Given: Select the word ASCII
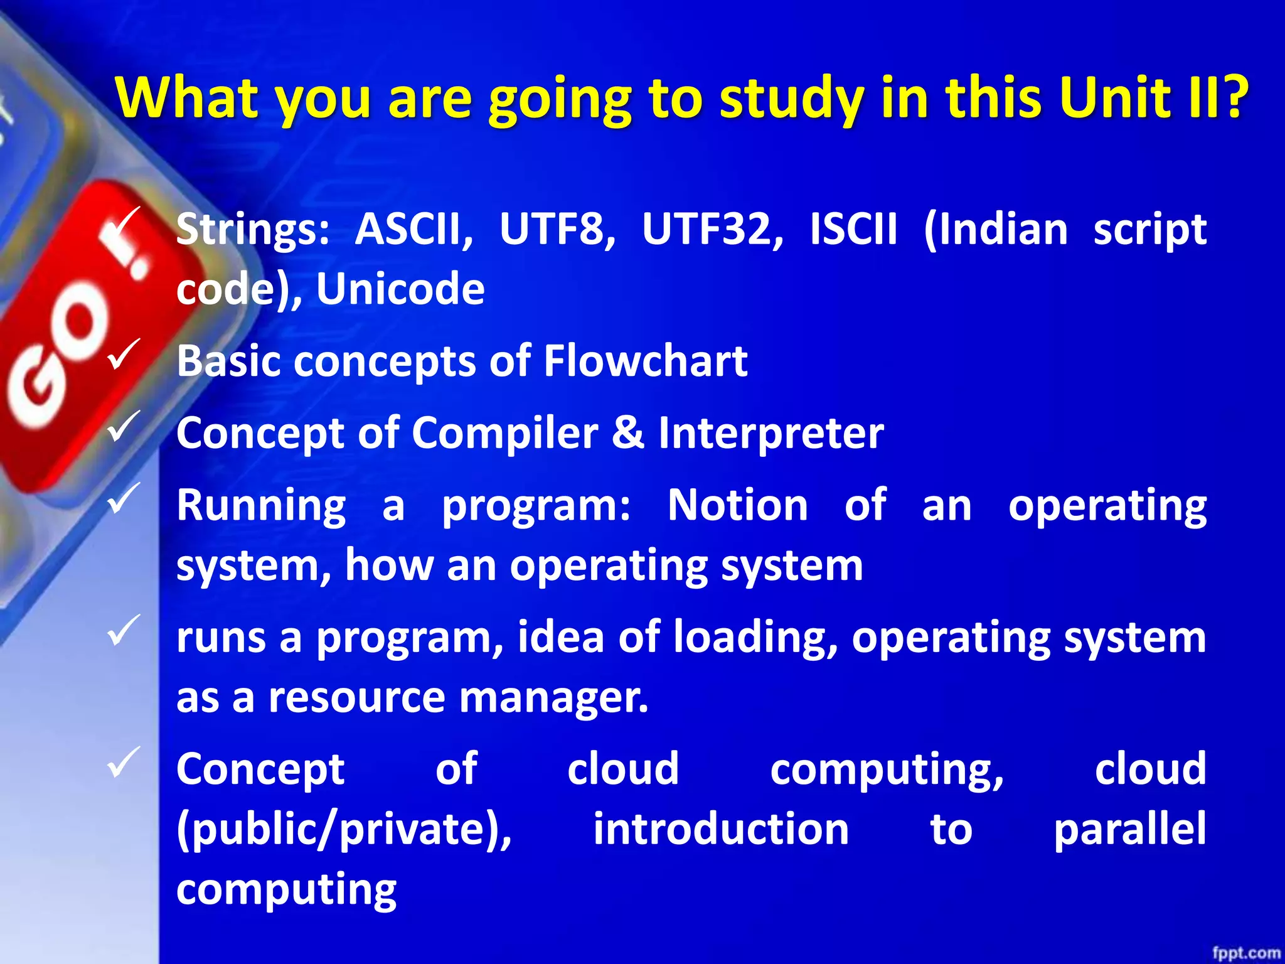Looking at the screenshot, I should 413,229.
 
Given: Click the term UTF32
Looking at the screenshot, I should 712,229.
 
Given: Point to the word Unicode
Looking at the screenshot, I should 400,289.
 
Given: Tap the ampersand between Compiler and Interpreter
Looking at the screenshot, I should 628,434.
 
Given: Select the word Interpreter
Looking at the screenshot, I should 771,434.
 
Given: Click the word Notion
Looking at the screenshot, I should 738,506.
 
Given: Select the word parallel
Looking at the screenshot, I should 1129,829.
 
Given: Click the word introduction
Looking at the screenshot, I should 721,829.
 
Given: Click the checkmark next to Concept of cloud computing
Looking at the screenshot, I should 124,762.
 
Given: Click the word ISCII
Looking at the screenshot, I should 853,229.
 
